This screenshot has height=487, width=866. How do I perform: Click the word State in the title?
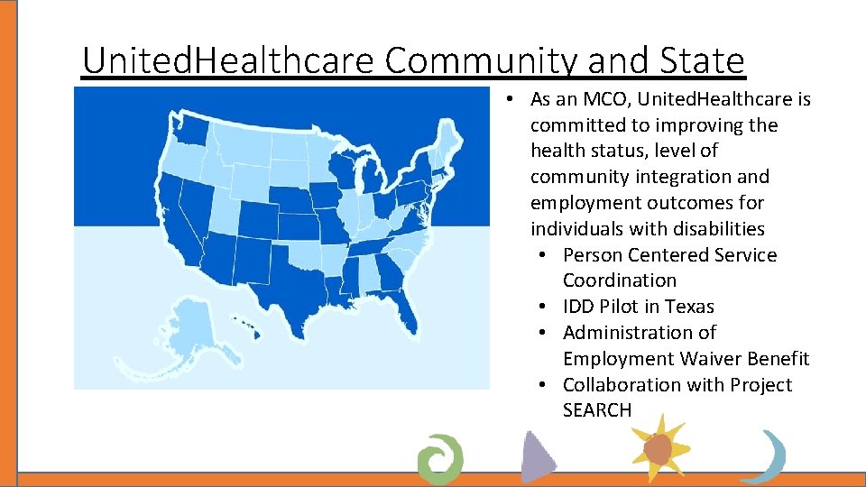(x=700, y=61)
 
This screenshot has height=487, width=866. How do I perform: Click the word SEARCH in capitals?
(x=597, y=410)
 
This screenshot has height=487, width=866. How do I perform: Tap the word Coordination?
(x=619, y=280)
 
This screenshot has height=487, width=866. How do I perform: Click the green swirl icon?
(x=440, y=457)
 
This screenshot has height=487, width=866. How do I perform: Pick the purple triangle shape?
(x=538, y=456)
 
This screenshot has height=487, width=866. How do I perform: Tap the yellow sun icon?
(x=659, y=447)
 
